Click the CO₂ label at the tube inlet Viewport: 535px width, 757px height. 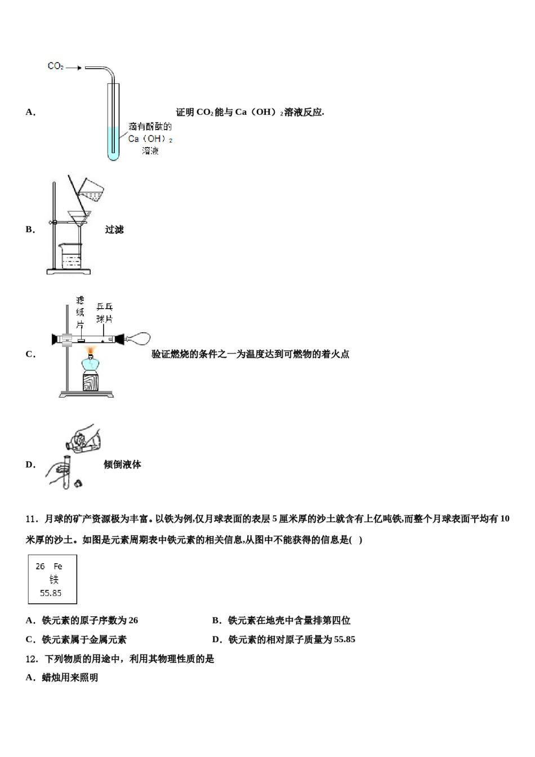(55, 66)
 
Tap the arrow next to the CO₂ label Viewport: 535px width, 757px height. (74, 68)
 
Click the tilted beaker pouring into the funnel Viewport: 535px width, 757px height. (92, 190)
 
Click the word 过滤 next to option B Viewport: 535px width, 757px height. (114, 230)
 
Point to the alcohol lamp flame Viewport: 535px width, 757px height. (90, 352)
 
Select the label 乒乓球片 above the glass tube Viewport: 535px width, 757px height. (104, 313)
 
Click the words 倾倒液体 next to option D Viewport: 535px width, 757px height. (122, 465)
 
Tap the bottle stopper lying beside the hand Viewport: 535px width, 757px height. (78, 483)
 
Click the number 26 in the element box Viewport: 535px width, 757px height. (40, 566)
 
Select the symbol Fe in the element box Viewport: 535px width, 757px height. (58, 566)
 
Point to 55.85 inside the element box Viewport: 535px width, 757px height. (51, 593)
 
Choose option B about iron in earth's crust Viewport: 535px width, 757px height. (282, 621)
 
